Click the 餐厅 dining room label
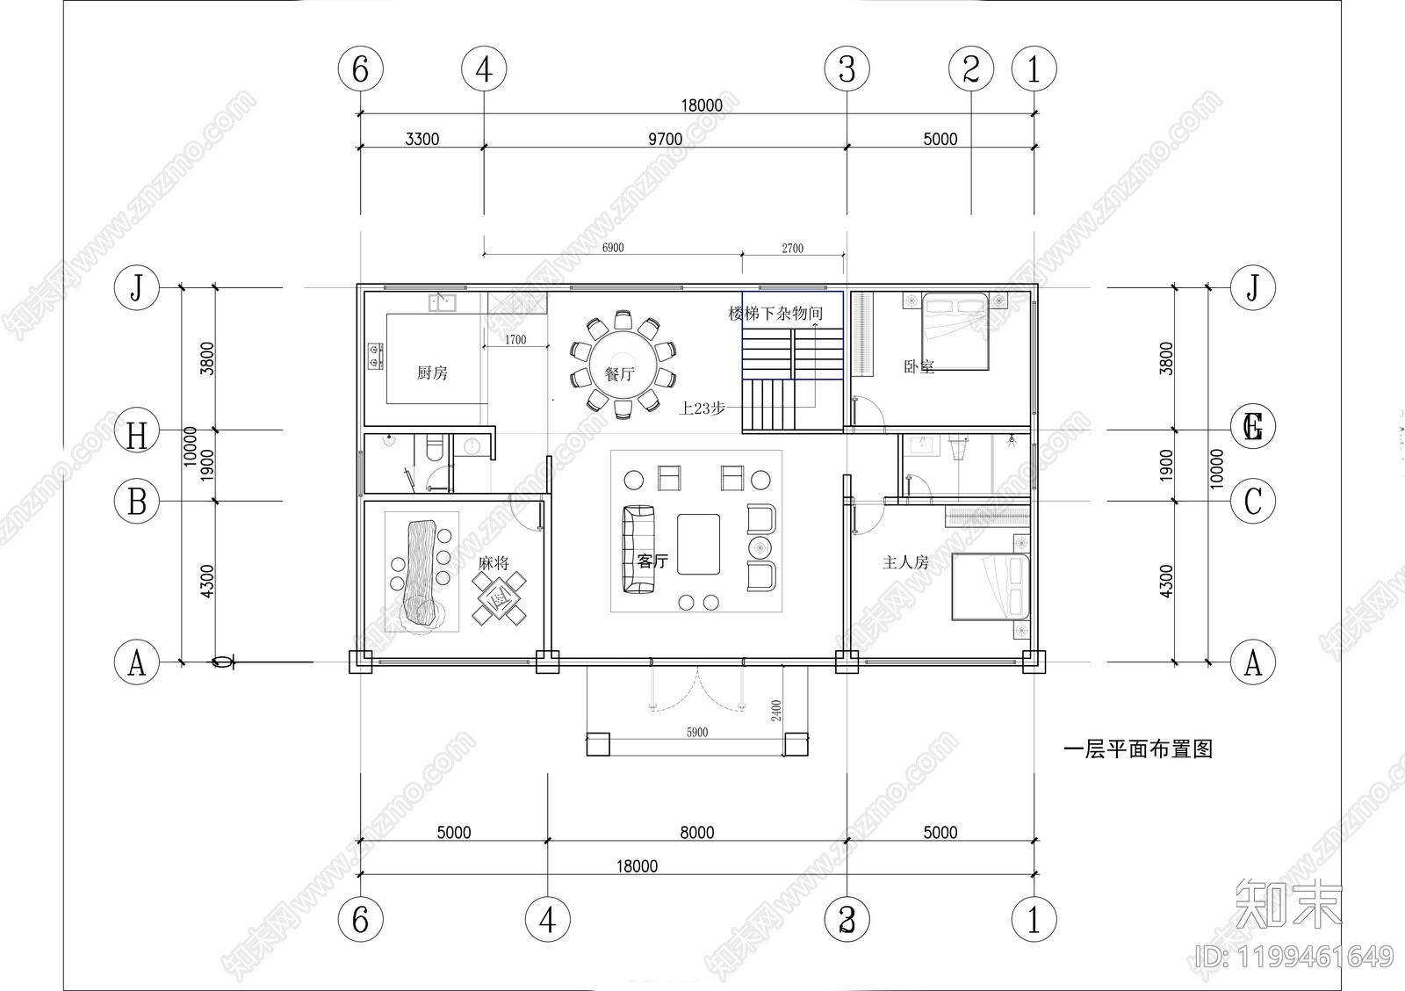[x=620, y=374]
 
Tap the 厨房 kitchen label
[x=432, y=373]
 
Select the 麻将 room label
[x=494, y=563]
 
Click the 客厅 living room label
[x=652, y=561]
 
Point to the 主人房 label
[x=905, y=561]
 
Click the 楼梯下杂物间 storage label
[x=775, y=314]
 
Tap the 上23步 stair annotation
[x=702, y=409]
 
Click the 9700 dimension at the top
[x=665, y=139]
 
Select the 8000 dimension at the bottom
[x=696, y=832]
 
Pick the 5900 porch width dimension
[x=696, y=732]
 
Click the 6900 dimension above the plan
[x=613, y=248]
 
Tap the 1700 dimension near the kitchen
[x=515, y=339]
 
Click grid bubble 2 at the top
[x=971, y=69]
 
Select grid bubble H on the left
[x=137, y=435]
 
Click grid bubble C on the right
[x=1253, y=502]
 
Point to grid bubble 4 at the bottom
[x=547, y=921]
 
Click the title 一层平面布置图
[x=1138, y=749]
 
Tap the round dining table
[x=623, y=362]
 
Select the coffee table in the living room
[x=698, y=544]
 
